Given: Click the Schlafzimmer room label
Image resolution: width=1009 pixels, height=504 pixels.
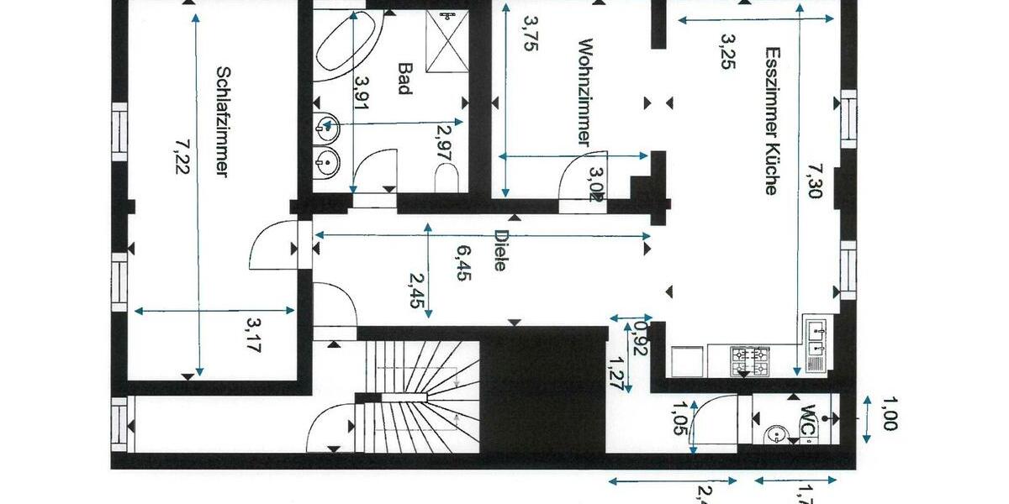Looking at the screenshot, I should (x=223, y=122).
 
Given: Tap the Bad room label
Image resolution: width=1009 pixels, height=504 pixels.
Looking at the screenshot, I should (x=405, y=79).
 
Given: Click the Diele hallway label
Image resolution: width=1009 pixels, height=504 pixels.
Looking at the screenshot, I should (x=501, y=250).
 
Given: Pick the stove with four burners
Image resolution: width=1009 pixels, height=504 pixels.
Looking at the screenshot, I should (x=750, y=361).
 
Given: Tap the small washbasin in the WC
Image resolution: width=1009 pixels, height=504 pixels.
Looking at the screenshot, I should (x=775, y=436).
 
